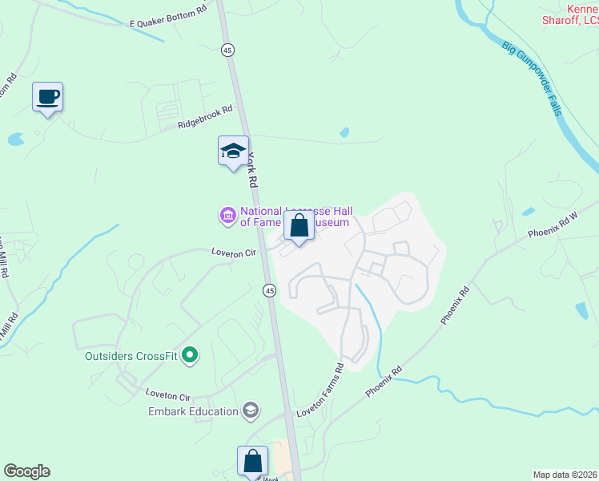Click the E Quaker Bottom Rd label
pos(168,18)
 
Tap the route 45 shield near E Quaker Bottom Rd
pos(228,50)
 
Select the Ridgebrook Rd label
pos(205,117)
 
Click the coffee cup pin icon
pos(47,97)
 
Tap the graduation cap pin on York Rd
pos(233,150)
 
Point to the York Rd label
pos(255,170)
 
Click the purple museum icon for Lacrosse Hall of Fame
pos(227,215)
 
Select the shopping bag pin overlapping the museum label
pos(299,226)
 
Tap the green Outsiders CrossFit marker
pos(190,354)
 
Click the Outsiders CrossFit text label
pos(132,355)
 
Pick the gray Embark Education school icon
pos(251,410)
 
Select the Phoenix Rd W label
pos(563,220)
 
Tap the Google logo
pos(26,471)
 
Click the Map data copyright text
pos(565,474)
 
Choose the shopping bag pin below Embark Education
pos(252,461)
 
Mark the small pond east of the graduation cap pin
pos(344,132)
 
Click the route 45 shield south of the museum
pos(270,290)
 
